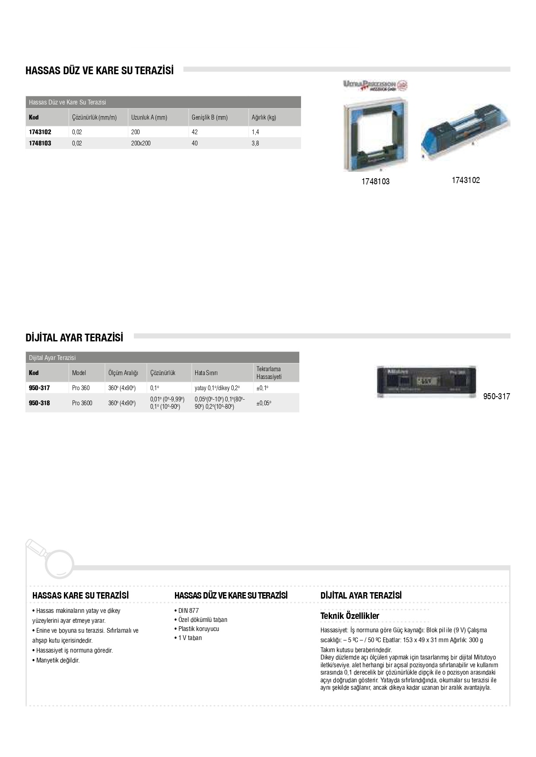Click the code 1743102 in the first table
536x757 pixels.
pos(40,132)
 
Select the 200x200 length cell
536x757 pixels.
pos(141,143)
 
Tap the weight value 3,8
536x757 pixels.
pos(255,143)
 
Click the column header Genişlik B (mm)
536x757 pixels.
pos(209,117)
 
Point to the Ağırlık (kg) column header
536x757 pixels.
pos(264,117)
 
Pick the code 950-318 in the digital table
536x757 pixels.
pos(39,403)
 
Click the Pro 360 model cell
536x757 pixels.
pos(81,388)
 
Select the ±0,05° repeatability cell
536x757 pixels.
pos(264,403)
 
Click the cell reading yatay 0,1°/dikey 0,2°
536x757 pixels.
pos(217,388)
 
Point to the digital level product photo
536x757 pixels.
pos(427,382)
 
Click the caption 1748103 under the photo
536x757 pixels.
pos(375,182)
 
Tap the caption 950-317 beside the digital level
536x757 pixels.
pos(496,396)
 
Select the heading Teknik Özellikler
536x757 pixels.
pos(349,616)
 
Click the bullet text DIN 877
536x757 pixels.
pos(188,611)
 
